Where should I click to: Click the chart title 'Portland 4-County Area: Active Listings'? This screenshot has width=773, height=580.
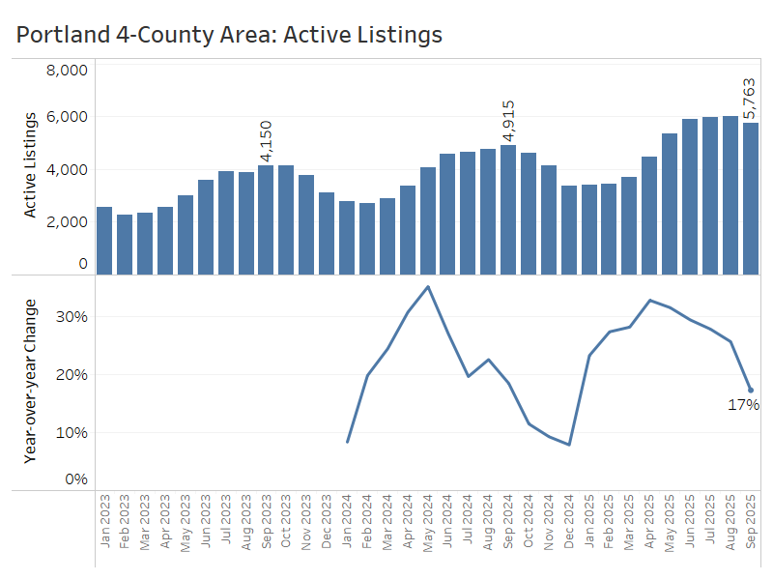coord(229,35)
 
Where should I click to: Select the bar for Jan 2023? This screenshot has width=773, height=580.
coord(104,241)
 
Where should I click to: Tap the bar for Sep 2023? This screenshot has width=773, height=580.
coord(266,220)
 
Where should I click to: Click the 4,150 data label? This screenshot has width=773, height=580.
coord(267,141)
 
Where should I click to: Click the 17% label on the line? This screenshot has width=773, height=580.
coord(743,405)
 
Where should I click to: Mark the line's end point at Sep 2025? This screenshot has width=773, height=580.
coord(751,391)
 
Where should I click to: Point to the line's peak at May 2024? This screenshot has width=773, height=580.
coord(428,286)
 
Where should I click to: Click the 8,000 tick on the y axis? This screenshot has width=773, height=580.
coord(68,70)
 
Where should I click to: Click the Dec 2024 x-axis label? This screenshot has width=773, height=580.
coord(569,523)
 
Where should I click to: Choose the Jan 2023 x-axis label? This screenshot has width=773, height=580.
coord(104,523)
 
